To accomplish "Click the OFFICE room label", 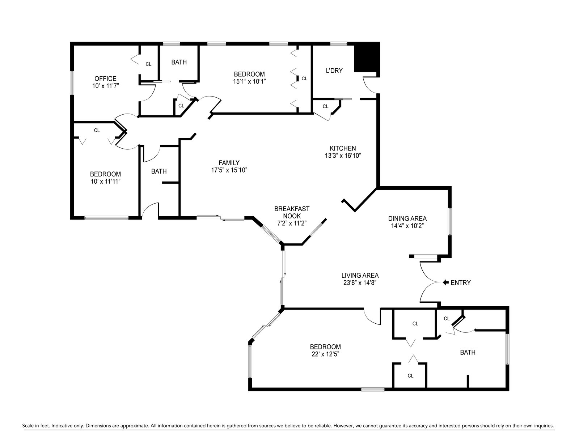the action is point(105,78).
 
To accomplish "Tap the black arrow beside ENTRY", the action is point(445,282).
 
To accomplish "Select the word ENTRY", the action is point(461,283).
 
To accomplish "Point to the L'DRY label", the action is point(334,71).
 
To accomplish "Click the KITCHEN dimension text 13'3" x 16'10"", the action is point(343,156).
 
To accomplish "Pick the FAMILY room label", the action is point(229,163).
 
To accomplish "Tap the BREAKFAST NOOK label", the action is point(292,212).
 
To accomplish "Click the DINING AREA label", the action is point(407,218).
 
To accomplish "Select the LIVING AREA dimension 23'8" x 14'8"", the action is point(360,282).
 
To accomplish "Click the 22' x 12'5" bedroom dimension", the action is point(325,354).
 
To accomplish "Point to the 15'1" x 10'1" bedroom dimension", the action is point(249,81).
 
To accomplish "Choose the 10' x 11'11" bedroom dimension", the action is point(106,181).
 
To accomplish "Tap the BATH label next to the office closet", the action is point(179,62).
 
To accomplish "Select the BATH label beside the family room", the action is point(159,171).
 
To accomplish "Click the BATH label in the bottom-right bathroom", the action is point(468,352).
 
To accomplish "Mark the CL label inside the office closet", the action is point(148,64).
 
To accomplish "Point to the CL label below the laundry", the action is point(325,106).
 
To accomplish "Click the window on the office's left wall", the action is point(72,82).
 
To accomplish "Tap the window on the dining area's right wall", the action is point(450,221).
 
